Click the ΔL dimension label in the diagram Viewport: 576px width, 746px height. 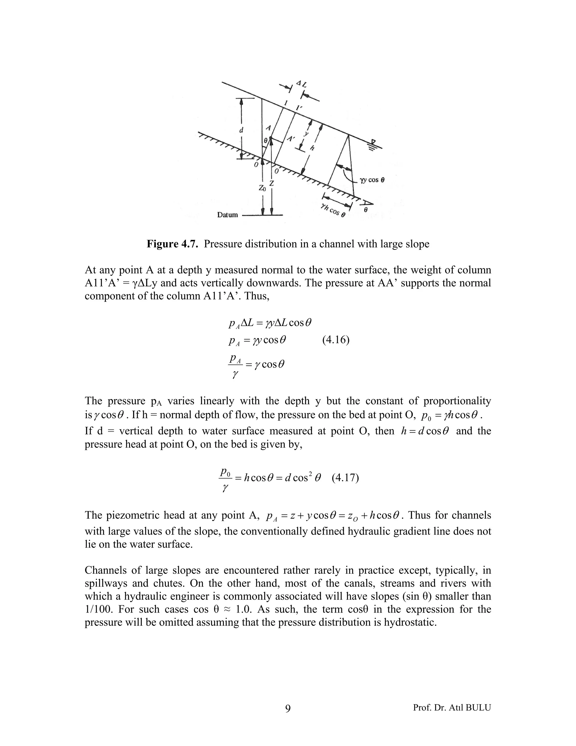coord(302,83)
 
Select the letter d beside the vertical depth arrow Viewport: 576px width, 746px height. coord(241,130)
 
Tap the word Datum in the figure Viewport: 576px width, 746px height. coord(228,215)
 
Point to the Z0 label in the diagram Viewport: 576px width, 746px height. coord(262,188)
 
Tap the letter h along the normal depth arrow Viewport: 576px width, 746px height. coord(312,148)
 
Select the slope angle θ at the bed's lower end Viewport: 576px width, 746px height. coord(365,210)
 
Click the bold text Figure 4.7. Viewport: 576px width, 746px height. coord(173,244)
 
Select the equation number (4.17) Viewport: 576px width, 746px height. coord(345,477)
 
